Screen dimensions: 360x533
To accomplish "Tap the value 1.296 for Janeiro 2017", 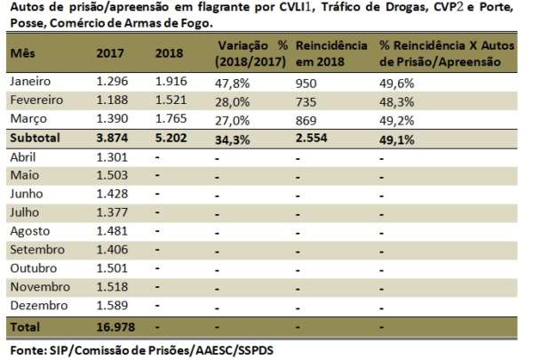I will [x=112, y=81].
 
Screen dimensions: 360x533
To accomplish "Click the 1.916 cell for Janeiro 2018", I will [x=171, y=81].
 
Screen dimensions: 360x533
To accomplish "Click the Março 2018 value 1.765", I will [x=171, y=119].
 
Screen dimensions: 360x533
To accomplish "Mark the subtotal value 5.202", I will [x=171, y=139].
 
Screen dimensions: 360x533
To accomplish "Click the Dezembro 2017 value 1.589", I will [x=112, y=305].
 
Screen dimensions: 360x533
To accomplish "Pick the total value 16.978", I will [x=116, y=326].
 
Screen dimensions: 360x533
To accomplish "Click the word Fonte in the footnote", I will [x=24, y=350].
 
